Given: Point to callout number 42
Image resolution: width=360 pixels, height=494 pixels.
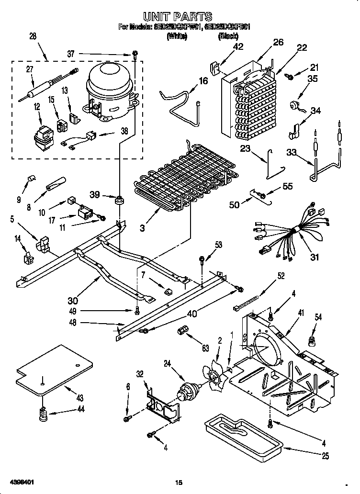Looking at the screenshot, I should tap(237, 46).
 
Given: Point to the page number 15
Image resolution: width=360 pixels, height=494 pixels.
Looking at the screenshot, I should tap(179, 482).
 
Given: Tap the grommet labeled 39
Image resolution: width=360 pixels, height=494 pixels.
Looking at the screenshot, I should tap(117, 199).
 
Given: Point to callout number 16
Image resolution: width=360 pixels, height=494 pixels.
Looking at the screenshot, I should tap(203, 81).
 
